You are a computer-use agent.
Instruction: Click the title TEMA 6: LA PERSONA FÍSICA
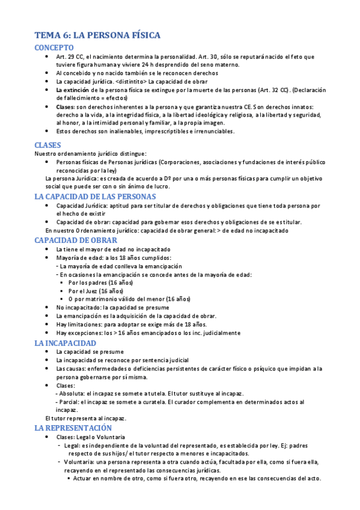click(x=97, y=35)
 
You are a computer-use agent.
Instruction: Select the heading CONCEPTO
click(x=54, y=47)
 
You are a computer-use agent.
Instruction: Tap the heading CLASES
click(x=48, y=145)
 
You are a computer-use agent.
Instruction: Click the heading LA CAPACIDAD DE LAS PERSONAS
click(x=96, y=196)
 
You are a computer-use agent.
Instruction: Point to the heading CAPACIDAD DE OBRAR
click(x=76, y=240)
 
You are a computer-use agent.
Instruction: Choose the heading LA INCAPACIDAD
click(x=66, y=343)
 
